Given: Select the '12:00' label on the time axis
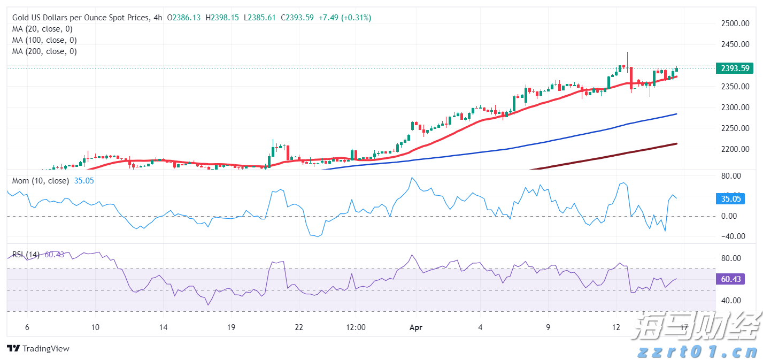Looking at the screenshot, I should pyautogui.click(x=356, y=327).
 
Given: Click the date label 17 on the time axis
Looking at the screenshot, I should pyautogui.click(x=684, y=327).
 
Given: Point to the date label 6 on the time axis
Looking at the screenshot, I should pyautogui.click(x=27, y=327).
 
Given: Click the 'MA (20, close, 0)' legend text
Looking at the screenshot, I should pyautogui.click(x=42, y=29).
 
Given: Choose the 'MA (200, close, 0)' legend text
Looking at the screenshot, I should pyautogui.click(x=44, y=51).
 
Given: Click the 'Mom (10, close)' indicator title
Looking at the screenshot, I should pyautogui.click(x=41, y=181).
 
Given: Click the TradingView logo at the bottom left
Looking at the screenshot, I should pyautogui.click(x=38, y=349).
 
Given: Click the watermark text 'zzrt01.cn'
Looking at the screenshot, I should pyautogui.click(x=698, y=352).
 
